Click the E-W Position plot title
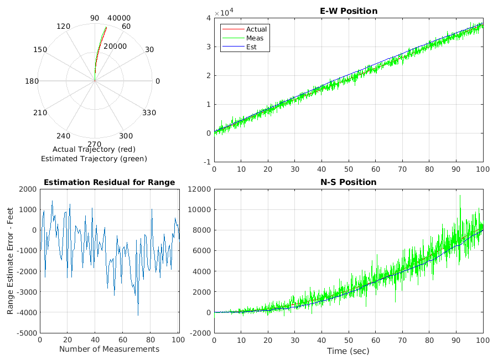click(349, 11)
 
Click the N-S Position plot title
click(349, 182)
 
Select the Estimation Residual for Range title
click(109, 182)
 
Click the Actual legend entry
click(256, 29)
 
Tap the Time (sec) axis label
click(349, 351)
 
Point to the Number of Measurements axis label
click(109, 349)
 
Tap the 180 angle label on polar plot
click(32, 81)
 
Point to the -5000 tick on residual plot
click(26, 333)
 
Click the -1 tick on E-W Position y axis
click(206, 162)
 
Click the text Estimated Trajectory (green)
click(94, 159)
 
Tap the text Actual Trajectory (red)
click(94, 150)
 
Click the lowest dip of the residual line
click(138, 315)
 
